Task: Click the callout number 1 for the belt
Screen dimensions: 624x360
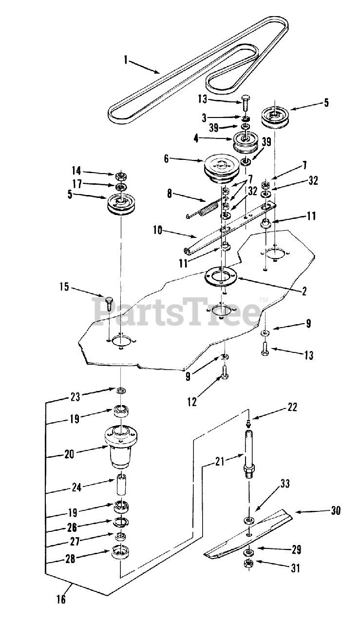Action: [126, 60]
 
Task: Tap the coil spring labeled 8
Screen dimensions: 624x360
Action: [205, 210]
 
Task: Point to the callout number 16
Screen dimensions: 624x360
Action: [61, 600]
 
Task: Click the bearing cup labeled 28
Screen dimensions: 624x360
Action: [120, 554]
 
